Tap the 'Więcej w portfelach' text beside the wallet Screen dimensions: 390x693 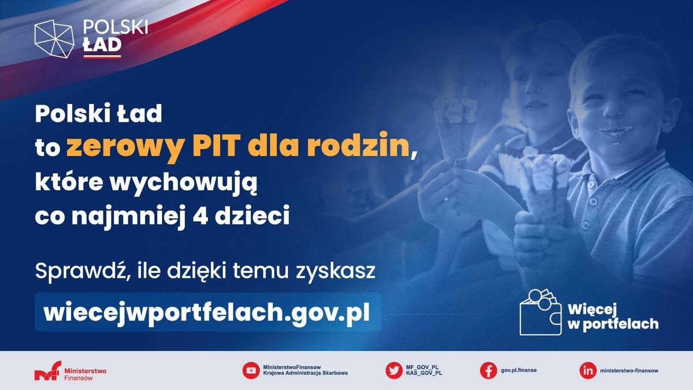click(x=613, y=317)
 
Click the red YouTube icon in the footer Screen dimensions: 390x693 click(x=251, y=370)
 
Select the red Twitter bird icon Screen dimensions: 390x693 click(x=394, y=370)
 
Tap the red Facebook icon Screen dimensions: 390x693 click(x=489, y=370)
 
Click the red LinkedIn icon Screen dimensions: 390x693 click(x=587, y=370)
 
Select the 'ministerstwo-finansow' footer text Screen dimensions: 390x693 click(x=629, y=370)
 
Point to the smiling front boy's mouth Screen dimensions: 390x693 click(x=614, y=131)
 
